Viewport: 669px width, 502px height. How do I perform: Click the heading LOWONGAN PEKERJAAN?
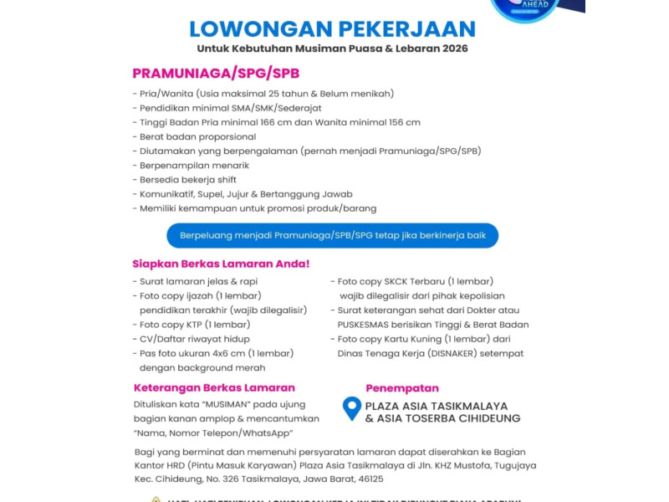(332, 28)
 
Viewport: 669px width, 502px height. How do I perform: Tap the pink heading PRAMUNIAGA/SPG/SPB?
(215, 73)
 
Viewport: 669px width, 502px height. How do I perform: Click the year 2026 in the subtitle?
(452, 49)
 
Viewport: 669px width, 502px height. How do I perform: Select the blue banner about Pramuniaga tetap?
(333, 235)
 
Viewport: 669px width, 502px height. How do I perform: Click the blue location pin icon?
(352, 408)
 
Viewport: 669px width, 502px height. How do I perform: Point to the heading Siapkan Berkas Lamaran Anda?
(221, 264)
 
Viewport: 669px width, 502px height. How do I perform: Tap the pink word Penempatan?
(402, 388)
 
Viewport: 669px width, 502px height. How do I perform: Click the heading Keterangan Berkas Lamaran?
(214, 388)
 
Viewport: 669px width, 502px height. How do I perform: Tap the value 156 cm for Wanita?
(403, 122)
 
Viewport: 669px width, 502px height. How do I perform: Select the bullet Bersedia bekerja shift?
(187, 180)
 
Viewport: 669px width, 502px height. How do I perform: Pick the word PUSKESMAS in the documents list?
(364, 325)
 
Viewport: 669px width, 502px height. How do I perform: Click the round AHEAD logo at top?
(525, 8)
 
